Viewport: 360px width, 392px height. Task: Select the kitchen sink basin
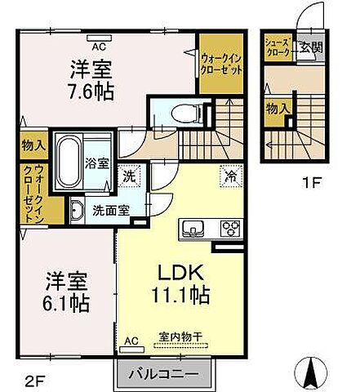pyautogui.click(x=197, y=228)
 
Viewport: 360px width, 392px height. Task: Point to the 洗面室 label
pyautogui.click(x=109, y=209)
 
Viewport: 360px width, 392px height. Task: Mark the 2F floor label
pyautogui.click(x=24, y=378)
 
